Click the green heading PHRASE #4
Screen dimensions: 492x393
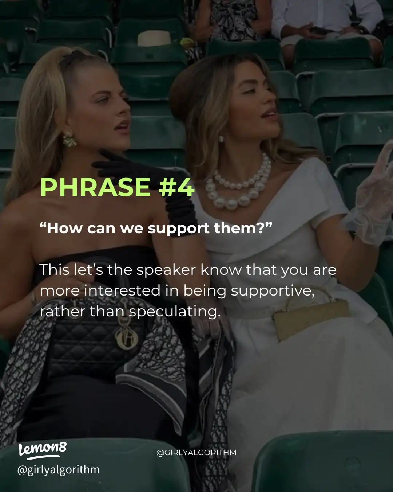pyautogui.click(x=117, y=187)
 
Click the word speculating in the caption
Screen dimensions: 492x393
pyautogui.click(x=175, y=312)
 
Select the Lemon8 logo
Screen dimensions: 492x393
pyautogui.click(x=43, y=450)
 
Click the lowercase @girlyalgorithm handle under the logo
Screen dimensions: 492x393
pyautogui.click(x=58, y=469)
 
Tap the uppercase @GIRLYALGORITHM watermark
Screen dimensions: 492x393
pyautogui.click(x=196, y=453)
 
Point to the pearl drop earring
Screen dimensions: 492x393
pyautogui.click(x=221, y=139)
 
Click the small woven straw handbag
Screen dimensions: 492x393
pyautogui.click(x=309, y=317)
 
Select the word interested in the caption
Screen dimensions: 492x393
pyautogui.click(x=122, y=291)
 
